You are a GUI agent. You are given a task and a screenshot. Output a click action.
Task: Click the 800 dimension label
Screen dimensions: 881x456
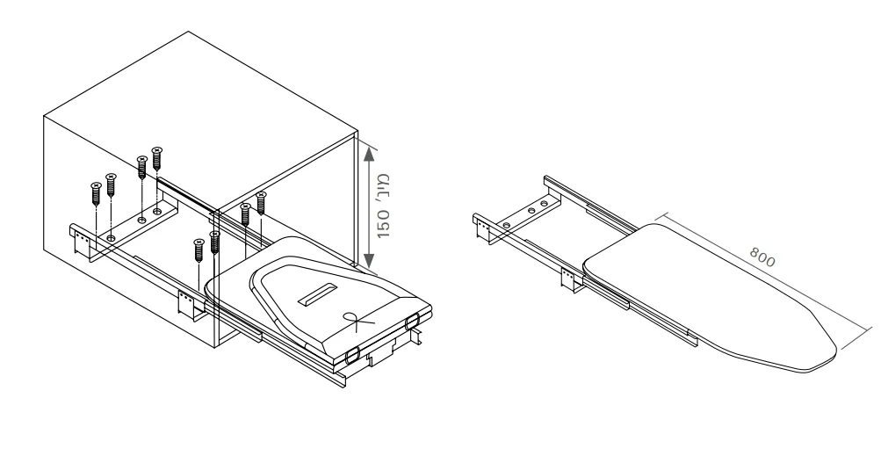762,257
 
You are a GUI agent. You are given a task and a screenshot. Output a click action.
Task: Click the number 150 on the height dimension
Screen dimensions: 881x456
383,224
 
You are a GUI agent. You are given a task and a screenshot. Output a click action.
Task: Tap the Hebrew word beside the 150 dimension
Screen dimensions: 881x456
383,190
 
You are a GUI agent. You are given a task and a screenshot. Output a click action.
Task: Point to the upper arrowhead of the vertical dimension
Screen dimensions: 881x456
369,153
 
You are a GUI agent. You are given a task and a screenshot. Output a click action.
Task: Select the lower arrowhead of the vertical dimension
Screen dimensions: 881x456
369,260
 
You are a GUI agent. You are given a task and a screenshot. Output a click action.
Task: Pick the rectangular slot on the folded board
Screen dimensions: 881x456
318,294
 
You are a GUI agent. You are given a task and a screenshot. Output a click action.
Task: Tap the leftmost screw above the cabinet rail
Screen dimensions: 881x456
96,193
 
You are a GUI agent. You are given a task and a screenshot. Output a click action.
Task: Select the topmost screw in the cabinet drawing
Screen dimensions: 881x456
156,158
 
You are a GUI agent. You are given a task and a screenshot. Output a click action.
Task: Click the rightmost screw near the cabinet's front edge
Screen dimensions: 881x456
261,203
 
